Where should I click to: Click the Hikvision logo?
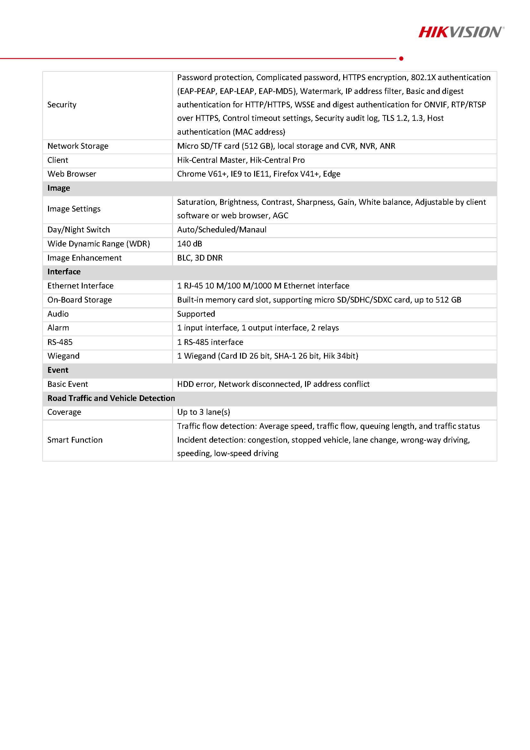pyautogui.click(x=461, y=32)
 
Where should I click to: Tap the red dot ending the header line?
pyautogui.click(x=401, y=58)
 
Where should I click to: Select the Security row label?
pyautogui.click(x=62, y=104)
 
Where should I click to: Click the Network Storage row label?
pyautogui.click(x=78, y=146)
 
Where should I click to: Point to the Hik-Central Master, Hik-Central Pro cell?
pyautogui.click(x=241, y=160)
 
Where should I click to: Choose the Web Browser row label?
pyautogui.click(x=71, y=174)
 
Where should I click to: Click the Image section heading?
pyautogui.click(x=58, y=188)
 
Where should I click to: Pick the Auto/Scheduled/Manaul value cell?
pyautogui.click(x=221, y=229)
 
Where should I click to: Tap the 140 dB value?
pyautogui.click(x=189, y=244)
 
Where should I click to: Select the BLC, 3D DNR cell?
pyautogui.click(x=200, y=258)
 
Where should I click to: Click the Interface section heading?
pyautogui.click(x=64, y=271)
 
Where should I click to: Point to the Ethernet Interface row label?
pyautogui.click(x=80, y=286)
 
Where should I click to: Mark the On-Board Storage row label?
pyautogui.click(x=79, y=300)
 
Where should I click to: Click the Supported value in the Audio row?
pyautogui.click(x=196, y=314)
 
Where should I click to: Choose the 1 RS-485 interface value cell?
pyautogui.click(x=210, y=342)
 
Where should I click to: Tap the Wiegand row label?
pyautogui.click(x=63, y=356)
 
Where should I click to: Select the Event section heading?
pyautogui.click(x=58, y=370)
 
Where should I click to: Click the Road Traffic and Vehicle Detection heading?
pyautogui.click(x=111, y=398)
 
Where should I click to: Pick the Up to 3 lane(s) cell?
pyautogui.click(x=203, y=412)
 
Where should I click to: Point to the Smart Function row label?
pyautogui.click(x=75, y=440)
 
